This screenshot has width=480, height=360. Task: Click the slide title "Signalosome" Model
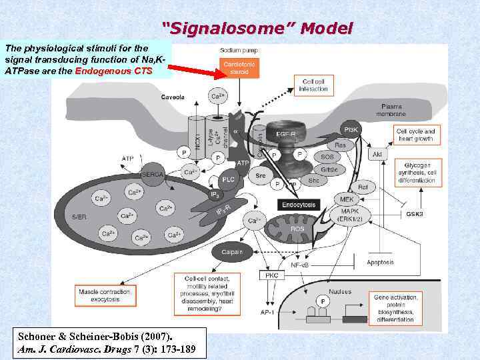point(257,28)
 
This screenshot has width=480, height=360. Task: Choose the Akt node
point(377,154)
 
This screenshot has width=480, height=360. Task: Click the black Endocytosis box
point(298,205)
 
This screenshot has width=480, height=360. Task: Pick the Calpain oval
point(233,252)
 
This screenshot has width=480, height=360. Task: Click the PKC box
point(271,275)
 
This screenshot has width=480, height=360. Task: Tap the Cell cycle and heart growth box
point(415,135)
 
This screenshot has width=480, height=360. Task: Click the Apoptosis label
point(380,263)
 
